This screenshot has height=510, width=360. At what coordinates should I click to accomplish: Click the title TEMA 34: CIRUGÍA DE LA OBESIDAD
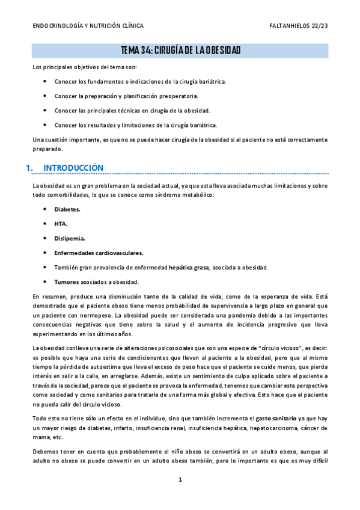(180, 51)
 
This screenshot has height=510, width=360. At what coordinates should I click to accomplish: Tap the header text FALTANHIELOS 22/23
(299, 26)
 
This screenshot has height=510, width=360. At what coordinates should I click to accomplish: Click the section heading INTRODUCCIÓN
(74, 167)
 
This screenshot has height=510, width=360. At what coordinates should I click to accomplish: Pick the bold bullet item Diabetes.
(67, 209)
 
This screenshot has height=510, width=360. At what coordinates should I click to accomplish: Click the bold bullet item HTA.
(61, 224)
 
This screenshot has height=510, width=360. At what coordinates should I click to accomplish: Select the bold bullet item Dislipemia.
(70, 238)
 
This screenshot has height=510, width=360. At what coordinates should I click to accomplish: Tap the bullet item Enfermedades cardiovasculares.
(99, 253)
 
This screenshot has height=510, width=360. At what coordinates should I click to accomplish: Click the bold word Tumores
(66, 281)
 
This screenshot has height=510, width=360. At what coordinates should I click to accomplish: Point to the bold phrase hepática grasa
(189, 267)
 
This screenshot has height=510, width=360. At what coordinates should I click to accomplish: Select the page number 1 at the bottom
(180, 480)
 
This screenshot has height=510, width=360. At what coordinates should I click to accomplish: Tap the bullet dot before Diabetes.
(46, 209)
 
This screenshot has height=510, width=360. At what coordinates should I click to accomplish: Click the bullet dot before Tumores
(46, 281)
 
